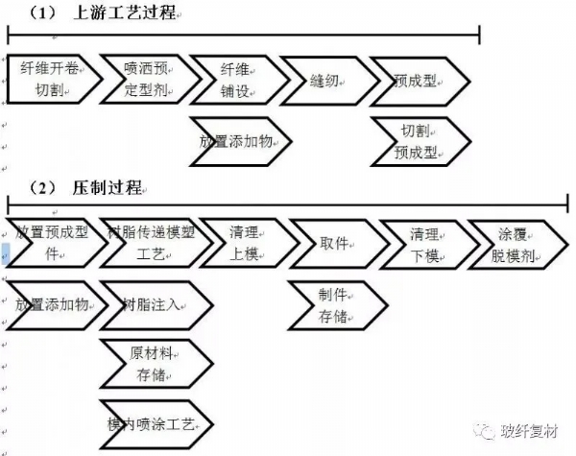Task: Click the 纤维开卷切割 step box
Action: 56,80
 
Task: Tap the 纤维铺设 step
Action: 236,80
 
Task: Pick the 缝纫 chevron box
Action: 323,80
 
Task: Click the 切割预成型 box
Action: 419,141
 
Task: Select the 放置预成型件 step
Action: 54,243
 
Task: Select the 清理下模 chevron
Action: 423,243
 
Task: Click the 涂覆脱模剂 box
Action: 510,243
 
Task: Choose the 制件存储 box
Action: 333,305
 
